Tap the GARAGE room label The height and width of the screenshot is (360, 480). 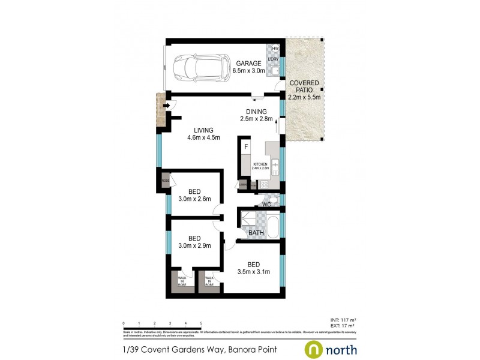point(248,64)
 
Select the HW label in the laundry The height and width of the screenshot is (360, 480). point(276,49)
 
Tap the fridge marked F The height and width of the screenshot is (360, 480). point(246,146)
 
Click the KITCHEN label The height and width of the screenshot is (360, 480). point(260,164)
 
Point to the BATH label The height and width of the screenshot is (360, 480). point(256,233)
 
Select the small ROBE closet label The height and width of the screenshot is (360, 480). point(165,179)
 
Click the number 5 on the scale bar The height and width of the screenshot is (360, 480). point(201,323)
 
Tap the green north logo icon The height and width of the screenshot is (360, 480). point(314,349)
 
